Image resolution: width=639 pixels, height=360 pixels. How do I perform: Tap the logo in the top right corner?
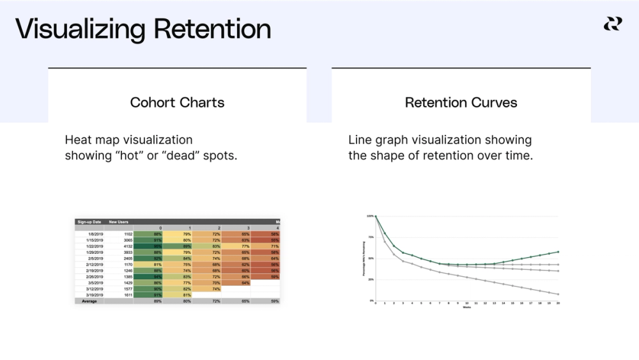[612, 24]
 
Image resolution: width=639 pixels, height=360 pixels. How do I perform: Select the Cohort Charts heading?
[177, 102]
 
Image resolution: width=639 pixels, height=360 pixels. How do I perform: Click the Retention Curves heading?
[461, 102]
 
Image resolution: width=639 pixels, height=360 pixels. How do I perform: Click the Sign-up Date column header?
[89, 222]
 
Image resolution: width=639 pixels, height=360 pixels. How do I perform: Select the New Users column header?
[119, 222]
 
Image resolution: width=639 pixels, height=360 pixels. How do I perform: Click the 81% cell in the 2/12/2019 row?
[157, 264]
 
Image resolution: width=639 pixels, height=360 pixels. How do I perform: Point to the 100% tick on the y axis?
[369, 216]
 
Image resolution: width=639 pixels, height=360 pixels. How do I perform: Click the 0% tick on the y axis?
[371, 301]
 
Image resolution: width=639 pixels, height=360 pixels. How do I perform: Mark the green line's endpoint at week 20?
[558, 252]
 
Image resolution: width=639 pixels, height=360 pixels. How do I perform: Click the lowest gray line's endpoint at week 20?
[558, 294]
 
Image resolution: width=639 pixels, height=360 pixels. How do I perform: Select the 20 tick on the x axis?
[558, 304]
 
